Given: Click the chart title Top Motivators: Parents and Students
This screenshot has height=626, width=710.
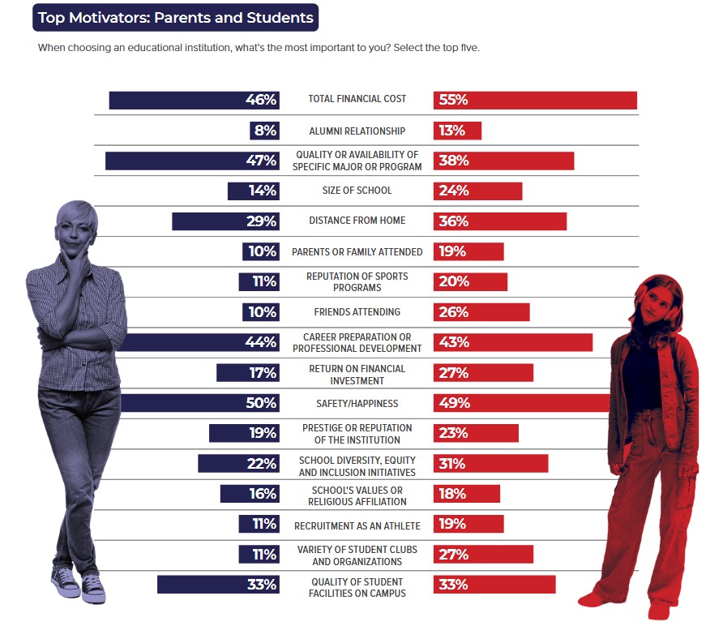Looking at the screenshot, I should coord(176,17).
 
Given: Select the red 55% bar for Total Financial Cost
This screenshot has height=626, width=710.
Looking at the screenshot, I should coord(535,100).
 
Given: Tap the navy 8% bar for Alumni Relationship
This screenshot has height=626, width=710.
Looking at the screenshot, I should coord(265,131).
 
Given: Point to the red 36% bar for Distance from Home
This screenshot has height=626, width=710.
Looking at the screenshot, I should coord(500,221).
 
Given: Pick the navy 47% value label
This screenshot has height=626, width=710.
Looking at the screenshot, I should coord(262,161).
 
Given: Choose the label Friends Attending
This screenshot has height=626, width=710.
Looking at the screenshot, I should coord(357,312).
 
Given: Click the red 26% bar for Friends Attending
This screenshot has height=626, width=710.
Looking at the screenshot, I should coord(481,312).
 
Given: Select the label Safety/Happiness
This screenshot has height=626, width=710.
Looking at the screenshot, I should coord(357,403).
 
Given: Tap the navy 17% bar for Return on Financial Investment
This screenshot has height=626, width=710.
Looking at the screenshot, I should coord(248,373).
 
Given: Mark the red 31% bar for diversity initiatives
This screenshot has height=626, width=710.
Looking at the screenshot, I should coord(490,463).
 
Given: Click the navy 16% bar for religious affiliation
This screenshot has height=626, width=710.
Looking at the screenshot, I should coord(250,494).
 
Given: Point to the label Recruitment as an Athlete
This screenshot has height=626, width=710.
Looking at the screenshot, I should coord(357,525).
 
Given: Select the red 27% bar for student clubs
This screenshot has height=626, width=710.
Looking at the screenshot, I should coord(483,554).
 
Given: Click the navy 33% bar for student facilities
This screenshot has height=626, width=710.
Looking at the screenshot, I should coord(218,585).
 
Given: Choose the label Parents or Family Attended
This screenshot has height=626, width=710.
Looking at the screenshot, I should coord(357,252).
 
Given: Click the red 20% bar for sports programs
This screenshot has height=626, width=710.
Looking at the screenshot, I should coord(470,281).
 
